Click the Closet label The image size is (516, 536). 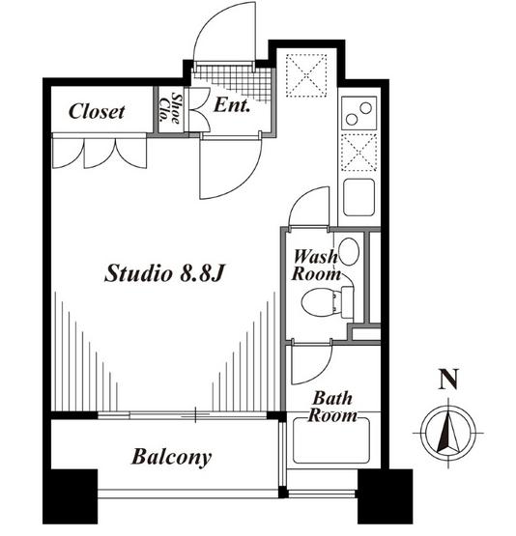pos(97,112)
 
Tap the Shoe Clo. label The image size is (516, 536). pos(170,108)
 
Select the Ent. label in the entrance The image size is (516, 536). pos(232,105)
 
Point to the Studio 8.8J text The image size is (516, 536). pos(164,274)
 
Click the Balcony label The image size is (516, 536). pos(171,458)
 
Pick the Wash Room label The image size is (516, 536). pos(316,266)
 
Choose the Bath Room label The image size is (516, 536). pos(332,408)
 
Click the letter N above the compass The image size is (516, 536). pos(448,380)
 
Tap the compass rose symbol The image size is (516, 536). pos(448,433)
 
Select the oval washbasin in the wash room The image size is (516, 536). pos(349,252)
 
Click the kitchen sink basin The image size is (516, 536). pos(359,198)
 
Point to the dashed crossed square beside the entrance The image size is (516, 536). pos(306,75)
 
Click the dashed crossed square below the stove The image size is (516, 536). pos(359,153)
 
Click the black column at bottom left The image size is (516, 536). pos(71,496)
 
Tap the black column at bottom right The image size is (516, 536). pos(385,496)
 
